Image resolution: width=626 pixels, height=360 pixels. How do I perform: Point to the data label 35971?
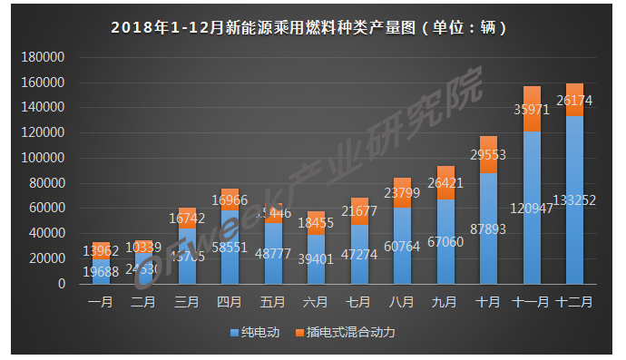pyautogui.click(x=533, y=110)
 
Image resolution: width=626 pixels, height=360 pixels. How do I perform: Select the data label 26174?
pyautogui.click(x=575, y=101)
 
